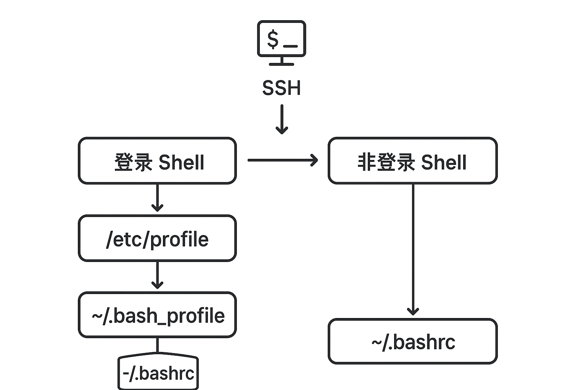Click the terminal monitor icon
point(282,40)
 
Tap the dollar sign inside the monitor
point(272,39)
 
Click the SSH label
point(282,88)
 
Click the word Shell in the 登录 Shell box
point(181,162)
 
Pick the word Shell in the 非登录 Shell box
point(444,162)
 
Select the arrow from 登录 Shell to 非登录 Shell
point(282,160)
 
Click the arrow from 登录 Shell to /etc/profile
point(157,198)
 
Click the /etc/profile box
point(157,238)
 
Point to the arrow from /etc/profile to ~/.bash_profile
point(157,275)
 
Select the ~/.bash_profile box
point(157,315)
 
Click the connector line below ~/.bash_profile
point(157,346)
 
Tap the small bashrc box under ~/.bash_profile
point(158,373)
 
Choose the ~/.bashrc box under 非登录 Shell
point(413,342)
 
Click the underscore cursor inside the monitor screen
point(290,46)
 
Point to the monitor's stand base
point(282,64)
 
